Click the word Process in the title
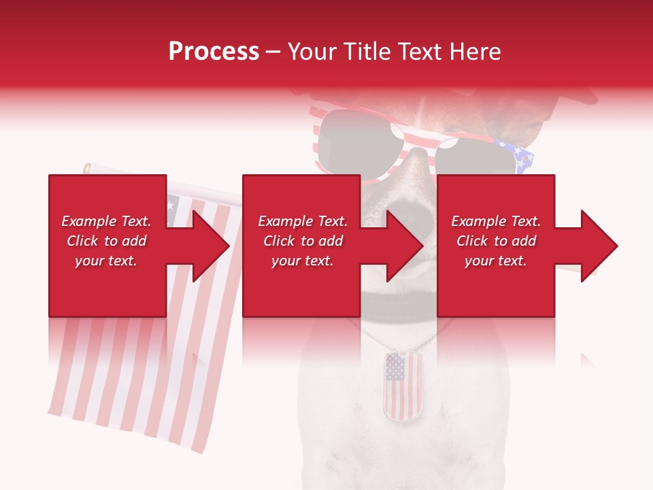(214, 52)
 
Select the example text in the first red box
(106, 241)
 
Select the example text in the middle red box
(303, 241)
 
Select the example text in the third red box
(496, 241)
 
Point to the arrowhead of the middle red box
(403, 246)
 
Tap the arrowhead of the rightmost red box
(597, 246)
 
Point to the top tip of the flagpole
(88, 167)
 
